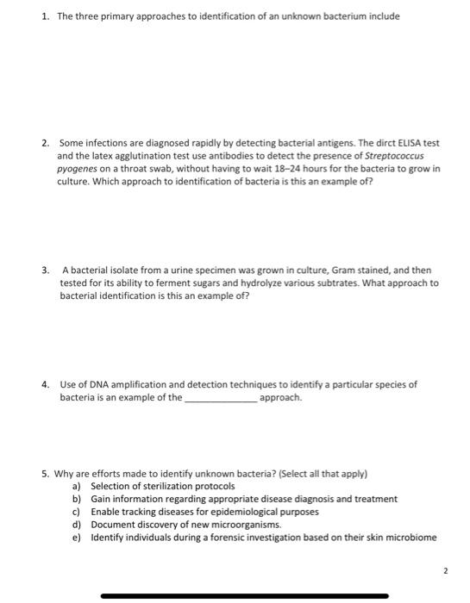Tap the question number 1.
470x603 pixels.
click(x=44, y=16)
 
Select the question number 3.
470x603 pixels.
click(x=44, y=270)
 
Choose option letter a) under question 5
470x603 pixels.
click(x=76, y=486)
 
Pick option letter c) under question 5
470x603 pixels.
click(x=76, y=512)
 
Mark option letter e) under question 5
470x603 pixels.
click(x=76, y=538)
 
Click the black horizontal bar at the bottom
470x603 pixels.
click(x=244, y=595)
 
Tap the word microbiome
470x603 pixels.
click(x=410, y=538)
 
